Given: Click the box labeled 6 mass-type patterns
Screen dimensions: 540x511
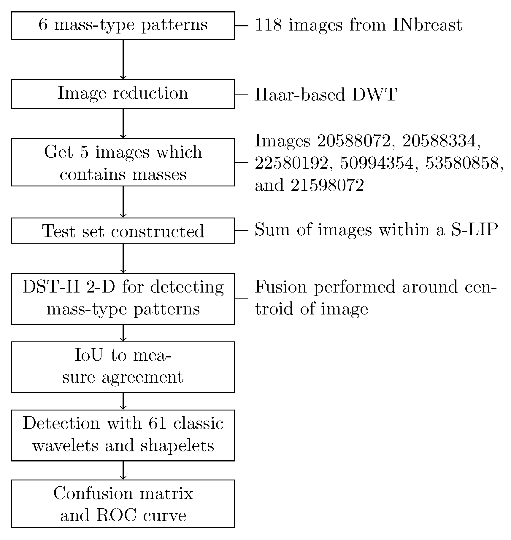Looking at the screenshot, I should click(x=123, y=26).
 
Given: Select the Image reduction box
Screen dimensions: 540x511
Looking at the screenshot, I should click(x=123, y=94).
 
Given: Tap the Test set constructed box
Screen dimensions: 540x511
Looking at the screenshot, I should click(x=123, y=231).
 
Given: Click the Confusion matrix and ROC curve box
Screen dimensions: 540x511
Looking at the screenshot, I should click(x=123, y=504).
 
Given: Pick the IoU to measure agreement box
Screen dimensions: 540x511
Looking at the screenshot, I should click(x=123, y=367).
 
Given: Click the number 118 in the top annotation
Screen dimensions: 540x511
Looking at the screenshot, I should click(x=268, y=25).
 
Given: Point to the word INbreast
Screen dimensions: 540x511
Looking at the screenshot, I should click(x=427, y=25).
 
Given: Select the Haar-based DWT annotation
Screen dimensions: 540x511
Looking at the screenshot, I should click(x=326, y=95).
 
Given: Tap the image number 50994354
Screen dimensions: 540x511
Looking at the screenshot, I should click(x=376, y=163).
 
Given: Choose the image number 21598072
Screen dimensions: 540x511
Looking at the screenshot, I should click(x=327, y=186).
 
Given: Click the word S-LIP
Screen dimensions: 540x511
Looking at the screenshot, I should click(x=474, y=230).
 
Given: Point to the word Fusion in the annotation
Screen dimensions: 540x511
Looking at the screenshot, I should click(x=281, y=287).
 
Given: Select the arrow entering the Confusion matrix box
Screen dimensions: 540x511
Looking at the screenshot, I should click(x=123, y=470).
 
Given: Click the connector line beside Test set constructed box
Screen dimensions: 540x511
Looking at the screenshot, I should click(x=241, y=231).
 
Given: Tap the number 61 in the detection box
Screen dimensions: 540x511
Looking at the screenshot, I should click(x=158, y=423).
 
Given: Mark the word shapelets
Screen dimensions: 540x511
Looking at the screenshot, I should click(x=177, y=446).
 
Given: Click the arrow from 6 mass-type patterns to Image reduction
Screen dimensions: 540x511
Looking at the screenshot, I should click(x=123, y=59).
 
